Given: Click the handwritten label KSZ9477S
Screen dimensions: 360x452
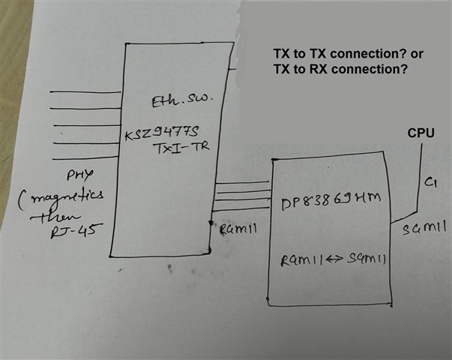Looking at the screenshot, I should pyautogui.click(x=160, y=136).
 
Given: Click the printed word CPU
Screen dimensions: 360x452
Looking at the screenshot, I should pyautogui.click(x=423, y=133).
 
